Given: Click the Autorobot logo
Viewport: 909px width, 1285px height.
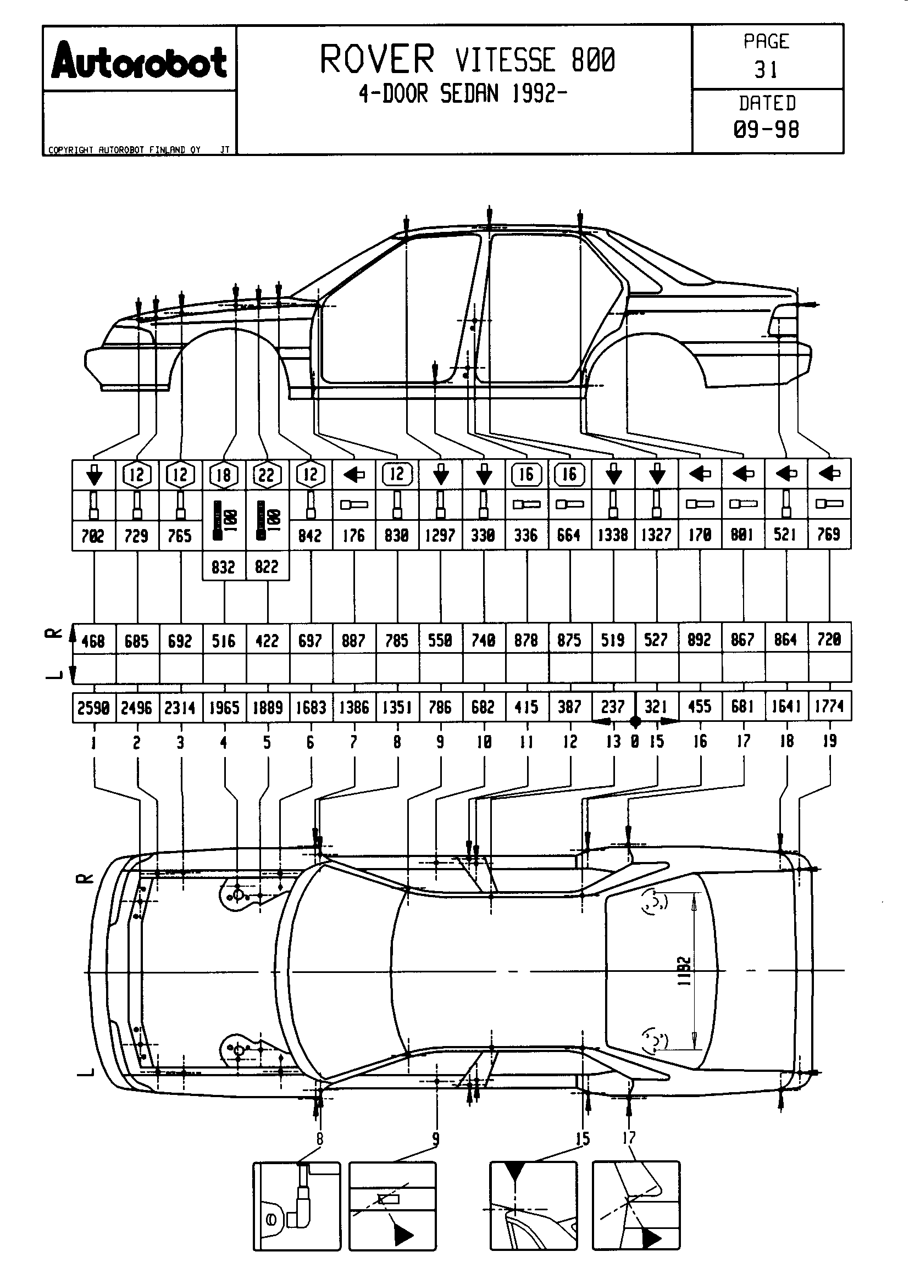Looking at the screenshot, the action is coord(139,60).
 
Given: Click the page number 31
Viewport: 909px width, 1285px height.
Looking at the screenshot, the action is coord(766,70).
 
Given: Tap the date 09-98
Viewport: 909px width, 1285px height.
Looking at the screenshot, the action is coord(766,130).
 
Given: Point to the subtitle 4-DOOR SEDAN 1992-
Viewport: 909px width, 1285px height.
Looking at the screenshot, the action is coord(463,94).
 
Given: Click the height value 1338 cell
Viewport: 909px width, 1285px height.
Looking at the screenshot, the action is coord(613,535).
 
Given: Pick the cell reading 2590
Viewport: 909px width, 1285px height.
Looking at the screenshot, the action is coord(93,708).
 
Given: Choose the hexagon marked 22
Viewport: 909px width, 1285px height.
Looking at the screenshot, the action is coord(267,475).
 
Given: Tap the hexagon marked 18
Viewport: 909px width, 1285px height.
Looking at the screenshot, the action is coord(224,475).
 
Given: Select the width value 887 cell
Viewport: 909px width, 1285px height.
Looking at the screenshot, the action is coord(354,639).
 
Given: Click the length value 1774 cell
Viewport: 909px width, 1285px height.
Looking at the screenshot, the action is coord(829,707).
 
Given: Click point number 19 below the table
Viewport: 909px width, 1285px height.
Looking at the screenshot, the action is coord(829,741).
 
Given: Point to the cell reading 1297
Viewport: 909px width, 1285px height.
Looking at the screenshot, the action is coord(440,535).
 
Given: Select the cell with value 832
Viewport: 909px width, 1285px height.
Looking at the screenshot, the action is coord(223,567).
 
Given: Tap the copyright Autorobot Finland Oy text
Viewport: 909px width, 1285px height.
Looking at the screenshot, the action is coord(124,150).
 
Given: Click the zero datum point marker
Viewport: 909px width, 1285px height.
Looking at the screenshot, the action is coord(635,722).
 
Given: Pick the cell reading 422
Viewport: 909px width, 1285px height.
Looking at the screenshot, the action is coord(267,640).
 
